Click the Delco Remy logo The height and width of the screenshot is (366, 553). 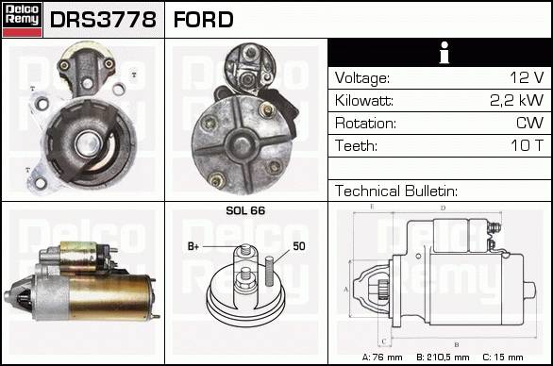[x=22, y=20]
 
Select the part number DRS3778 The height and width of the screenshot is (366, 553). [x=103, y=20]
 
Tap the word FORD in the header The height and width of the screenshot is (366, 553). [x=204, y=20]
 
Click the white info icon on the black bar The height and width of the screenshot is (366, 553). [x=444, y=53]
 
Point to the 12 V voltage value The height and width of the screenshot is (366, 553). [x=527, y=77]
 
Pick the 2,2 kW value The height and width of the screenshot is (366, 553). [x=517, y=101]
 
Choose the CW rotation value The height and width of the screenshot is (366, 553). [x=530, y=123]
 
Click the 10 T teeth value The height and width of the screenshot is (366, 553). [x=528, y=145]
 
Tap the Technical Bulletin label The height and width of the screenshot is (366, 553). [x=396, y=191]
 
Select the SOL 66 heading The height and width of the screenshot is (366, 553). [x=245, y=210]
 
